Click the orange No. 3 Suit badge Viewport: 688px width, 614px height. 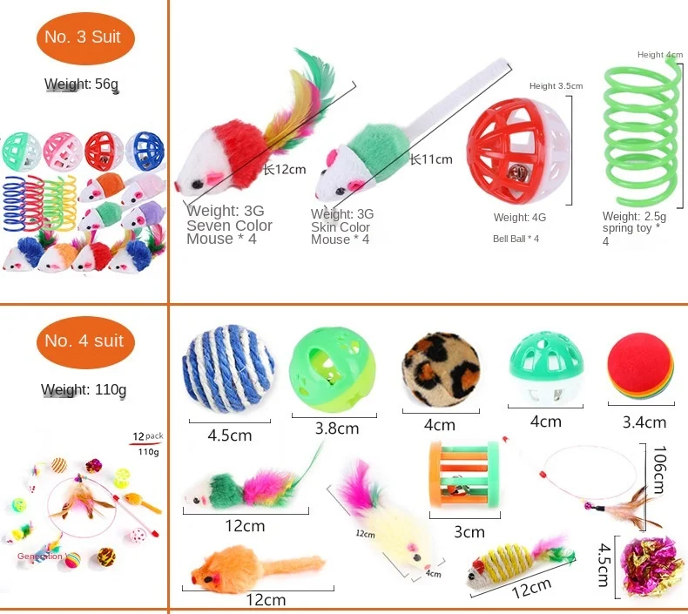pyautogui.click(x=84, y=37)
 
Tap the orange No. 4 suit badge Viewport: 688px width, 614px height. pyautogui.click(x=84, y=341)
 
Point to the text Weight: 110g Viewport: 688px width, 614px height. pyautogui.click(x=84, y=388)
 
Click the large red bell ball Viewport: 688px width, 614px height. pyautogui.click(x=509, y=145)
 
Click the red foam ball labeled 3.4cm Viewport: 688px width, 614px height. pyautogui.click(x=638, y=368)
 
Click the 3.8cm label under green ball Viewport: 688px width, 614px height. pyautogui.click(x=336, y=428)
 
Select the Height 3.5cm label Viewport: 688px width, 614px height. pyautogui.click(x=556, y=86)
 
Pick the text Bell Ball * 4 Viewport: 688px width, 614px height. pyautogui.click(x=516, y=239)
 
